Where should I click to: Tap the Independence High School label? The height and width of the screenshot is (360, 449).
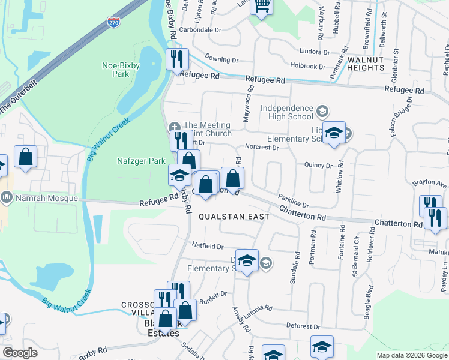pyautogui.click(x=287, y=112)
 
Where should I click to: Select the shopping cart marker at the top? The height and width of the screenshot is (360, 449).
pyautogui.click(x=262, y=7)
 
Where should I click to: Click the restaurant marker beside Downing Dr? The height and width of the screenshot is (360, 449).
pyautogui.click(x=177, y=59)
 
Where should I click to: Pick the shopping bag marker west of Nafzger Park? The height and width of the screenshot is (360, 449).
pyautogui.click(x=26, y=158)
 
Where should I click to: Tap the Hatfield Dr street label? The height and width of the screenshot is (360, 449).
pyautogui.click(x=208, y=246)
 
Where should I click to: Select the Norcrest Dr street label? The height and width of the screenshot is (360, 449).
pyautogui.click(x=262, y=147)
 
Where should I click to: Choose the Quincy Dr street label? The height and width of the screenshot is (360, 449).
pyautogui.click(x=318, y=165)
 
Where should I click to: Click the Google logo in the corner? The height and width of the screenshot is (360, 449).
pyautogui.click(x=20, y=353)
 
